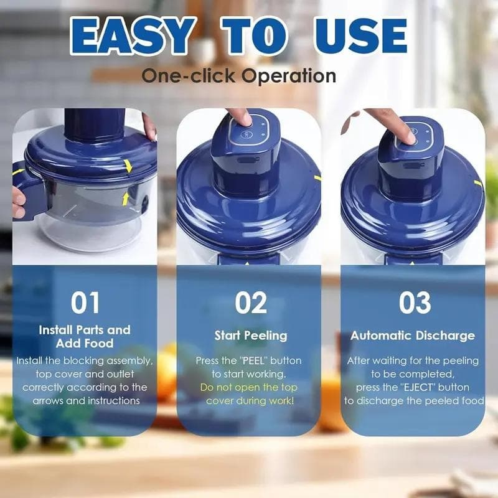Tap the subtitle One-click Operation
click(239, 76)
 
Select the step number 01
click(85, 303)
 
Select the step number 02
click(250, 303)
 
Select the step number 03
click(415, 303)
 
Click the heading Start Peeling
click(251, 336)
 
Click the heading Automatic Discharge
click(412, 336)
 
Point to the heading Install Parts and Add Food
click(85, 336)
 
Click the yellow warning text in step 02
click(249, 393)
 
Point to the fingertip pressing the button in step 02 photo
click(239, 117)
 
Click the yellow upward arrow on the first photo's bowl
click(125, 199)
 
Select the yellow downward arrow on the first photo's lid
click(128, 166)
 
